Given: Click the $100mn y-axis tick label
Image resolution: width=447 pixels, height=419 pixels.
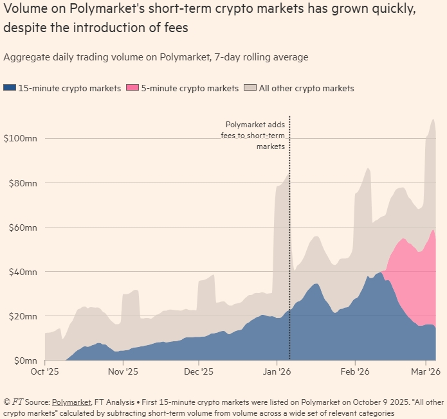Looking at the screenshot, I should [21, 138].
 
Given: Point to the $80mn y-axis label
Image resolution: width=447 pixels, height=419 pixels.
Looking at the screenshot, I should [21, 183].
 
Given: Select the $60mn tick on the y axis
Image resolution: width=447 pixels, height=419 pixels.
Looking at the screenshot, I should [21, 227].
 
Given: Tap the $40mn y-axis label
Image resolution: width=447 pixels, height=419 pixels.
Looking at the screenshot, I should [21, 271].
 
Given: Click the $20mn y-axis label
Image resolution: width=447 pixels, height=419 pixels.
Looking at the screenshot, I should [21, 316].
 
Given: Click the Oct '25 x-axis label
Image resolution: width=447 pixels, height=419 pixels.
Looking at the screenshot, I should [45, 371].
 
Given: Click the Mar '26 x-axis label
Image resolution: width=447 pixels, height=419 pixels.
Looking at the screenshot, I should [424, 371].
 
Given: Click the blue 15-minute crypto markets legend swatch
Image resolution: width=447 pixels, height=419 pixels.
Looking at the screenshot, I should [9, 88].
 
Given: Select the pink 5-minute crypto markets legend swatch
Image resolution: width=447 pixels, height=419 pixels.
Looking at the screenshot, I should [132, 88].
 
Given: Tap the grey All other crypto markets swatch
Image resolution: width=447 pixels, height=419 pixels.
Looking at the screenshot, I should [250, 88].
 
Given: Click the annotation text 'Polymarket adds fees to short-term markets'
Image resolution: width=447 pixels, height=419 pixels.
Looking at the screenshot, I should [255, 136].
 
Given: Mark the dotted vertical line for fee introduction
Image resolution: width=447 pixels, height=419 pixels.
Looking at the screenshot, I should [289, 257].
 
